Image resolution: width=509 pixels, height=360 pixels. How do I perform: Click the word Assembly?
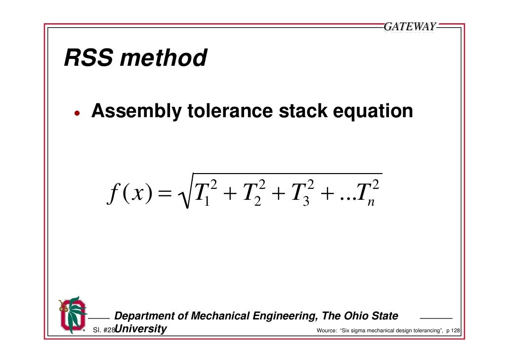[x=136, y=112]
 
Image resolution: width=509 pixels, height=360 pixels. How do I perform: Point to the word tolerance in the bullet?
[x=229, y=112]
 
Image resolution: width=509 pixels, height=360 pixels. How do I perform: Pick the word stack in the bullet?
[x=302, y=112]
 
